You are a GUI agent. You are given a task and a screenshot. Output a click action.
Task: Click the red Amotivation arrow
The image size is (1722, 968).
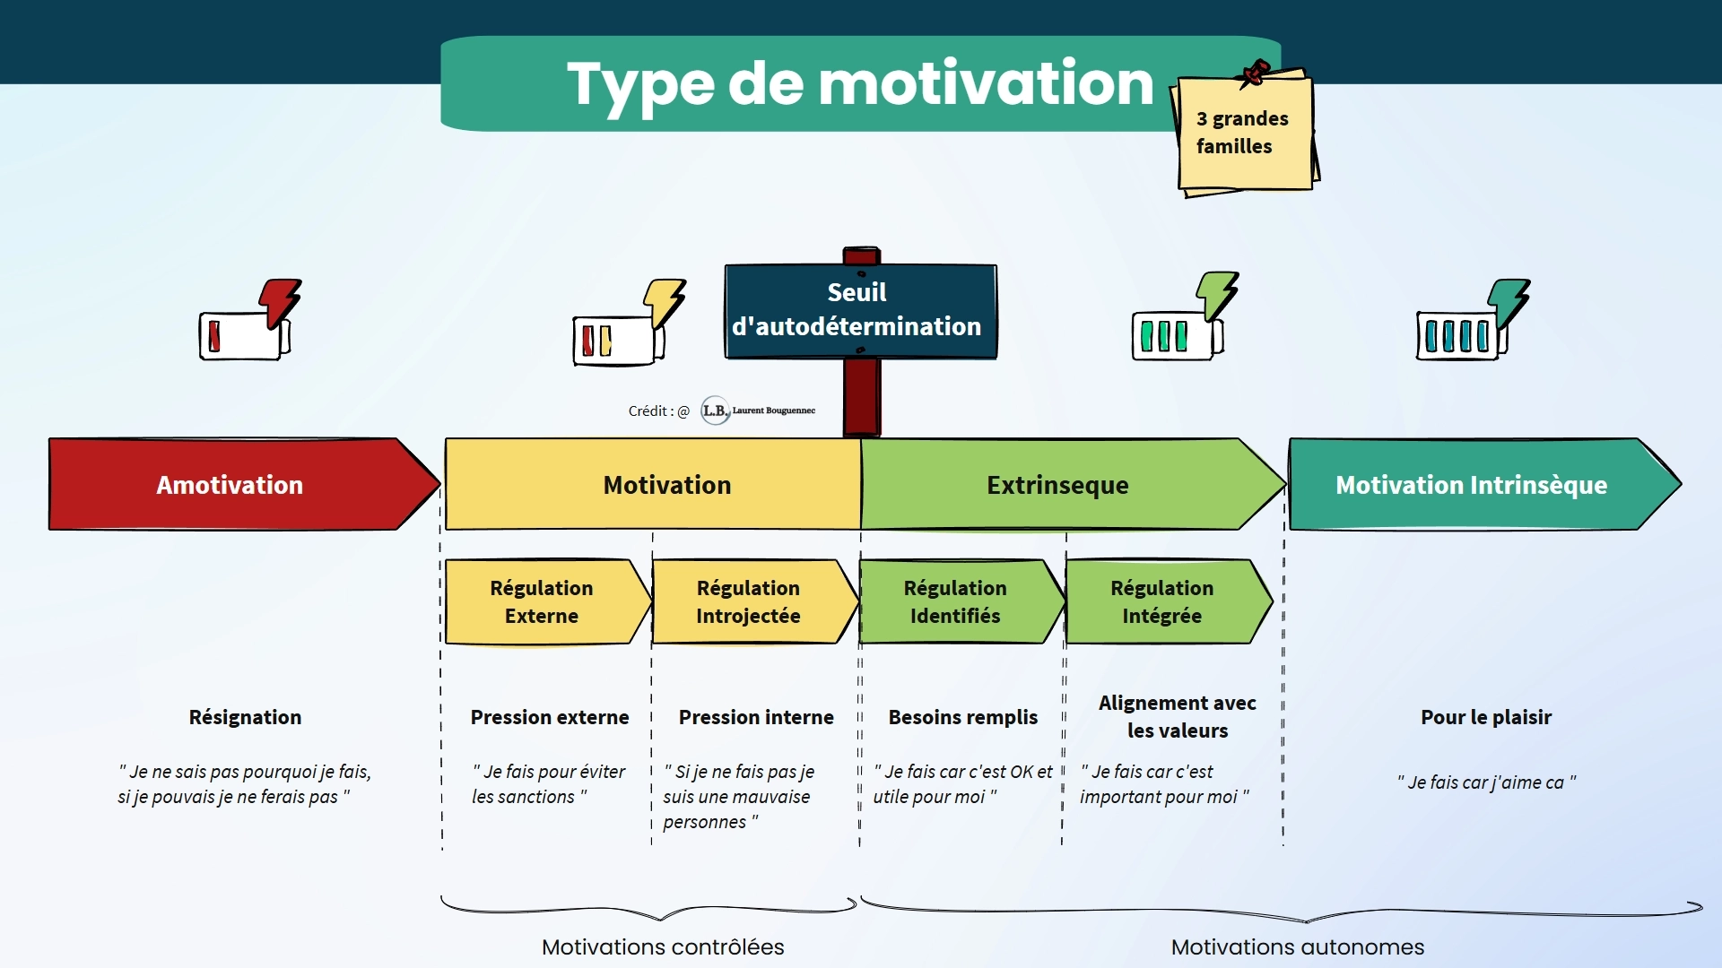(242, 484)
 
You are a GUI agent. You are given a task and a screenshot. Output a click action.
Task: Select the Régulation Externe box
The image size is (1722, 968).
(548, 601)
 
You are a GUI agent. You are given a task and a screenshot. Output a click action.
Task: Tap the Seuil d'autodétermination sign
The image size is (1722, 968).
(861, 311)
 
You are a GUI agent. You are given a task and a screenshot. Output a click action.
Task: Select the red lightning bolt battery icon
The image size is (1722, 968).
(250, 320)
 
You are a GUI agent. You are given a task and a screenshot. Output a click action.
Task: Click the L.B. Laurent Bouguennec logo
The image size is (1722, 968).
(758, 411)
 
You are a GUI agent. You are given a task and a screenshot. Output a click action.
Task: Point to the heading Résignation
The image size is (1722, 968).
(245, 717)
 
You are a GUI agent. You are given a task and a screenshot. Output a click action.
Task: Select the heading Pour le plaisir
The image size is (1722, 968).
(1486, 717)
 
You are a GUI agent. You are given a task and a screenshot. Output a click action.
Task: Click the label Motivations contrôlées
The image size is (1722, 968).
(663, 946)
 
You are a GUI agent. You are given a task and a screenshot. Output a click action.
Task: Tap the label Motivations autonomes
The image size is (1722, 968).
(1298, 946)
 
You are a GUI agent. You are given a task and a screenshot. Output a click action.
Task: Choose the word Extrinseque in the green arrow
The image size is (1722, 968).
(1057, 485)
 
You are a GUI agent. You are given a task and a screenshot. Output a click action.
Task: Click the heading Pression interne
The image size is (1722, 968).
(756, 717)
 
